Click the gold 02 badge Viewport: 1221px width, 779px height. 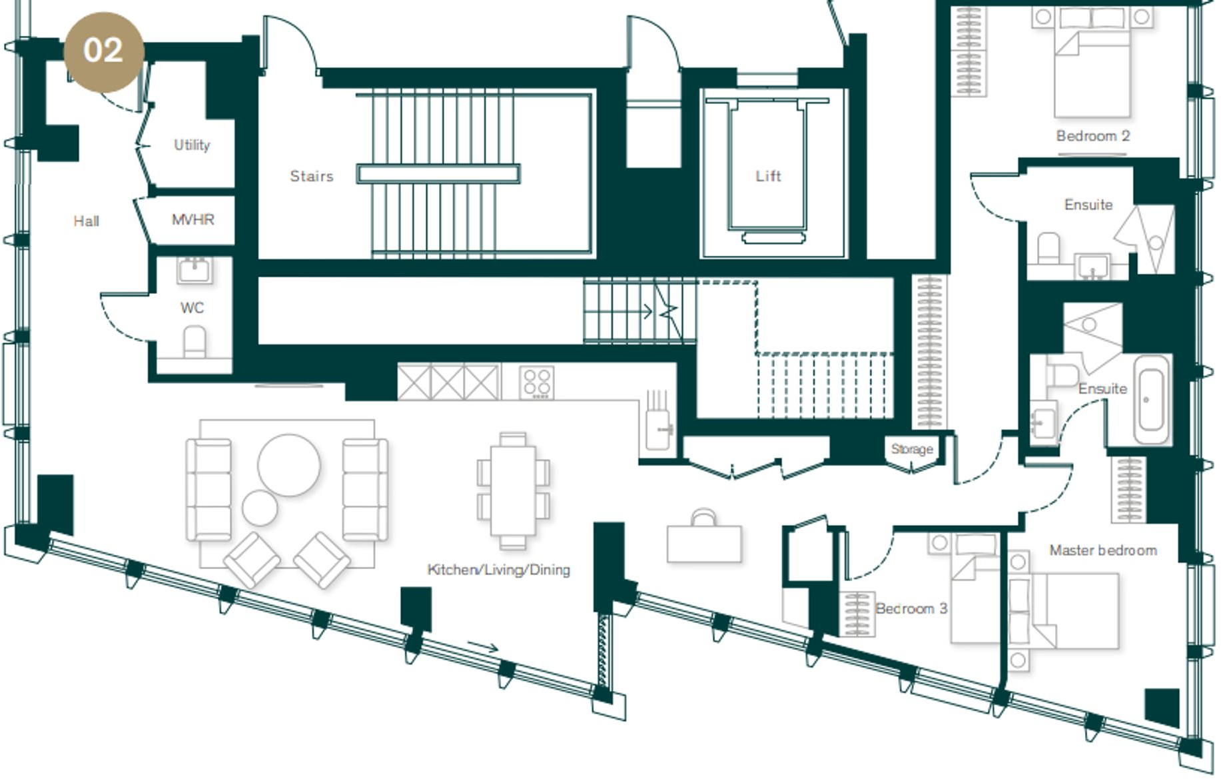(x=103, y=51)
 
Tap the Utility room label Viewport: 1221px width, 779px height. (x=192, y=145)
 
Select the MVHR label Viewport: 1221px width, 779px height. (x=193, y=219)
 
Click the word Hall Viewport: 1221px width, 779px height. (x=86, y=221)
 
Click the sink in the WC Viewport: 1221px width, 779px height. (x=195, y=270)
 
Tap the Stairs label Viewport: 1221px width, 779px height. (x=311, y=176)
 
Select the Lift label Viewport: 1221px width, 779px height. (x=767, y=176)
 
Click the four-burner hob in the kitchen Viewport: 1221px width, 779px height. (x=536, y=383)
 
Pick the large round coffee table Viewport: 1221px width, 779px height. (x=288, y=464)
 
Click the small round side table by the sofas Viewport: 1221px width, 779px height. (x=259, y=508)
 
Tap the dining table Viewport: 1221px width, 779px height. (x=512, y=490)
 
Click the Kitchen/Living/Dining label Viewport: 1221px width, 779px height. (x=498, y=570)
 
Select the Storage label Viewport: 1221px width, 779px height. (x=911, y=449)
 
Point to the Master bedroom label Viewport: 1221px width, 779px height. (x=1102, y=550)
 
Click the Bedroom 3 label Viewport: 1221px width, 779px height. (x=911, y=608)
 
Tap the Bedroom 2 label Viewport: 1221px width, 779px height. (x=1092, y=136)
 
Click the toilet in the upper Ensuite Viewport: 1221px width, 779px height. (x=1048, y=248)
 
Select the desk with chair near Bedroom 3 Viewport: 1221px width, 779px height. (x=704, y=540)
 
